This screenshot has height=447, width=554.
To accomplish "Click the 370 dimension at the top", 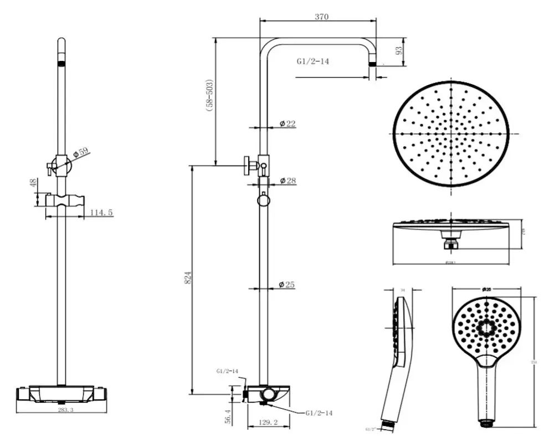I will click(322, 17).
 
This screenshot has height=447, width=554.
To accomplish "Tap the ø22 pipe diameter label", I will click(287, 123).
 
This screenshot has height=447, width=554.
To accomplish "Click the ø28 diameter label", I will click(287, 181).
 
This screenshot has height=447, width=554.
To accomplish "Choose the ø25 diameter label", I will click(287, 285).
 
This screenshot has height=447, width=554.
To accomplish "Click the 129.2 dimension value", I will click(268, 423).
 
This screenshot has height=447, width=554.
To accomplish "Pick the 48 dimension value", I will click(32, 183).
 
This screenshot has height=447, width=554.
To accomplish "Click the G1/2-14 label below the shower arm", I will click(312, 61).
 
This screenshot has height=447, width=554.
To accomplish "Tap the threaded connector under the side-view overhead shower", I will click(450, 241).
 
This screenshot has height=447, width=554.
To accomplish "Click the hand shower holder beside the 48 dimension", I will click(65, 201).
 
